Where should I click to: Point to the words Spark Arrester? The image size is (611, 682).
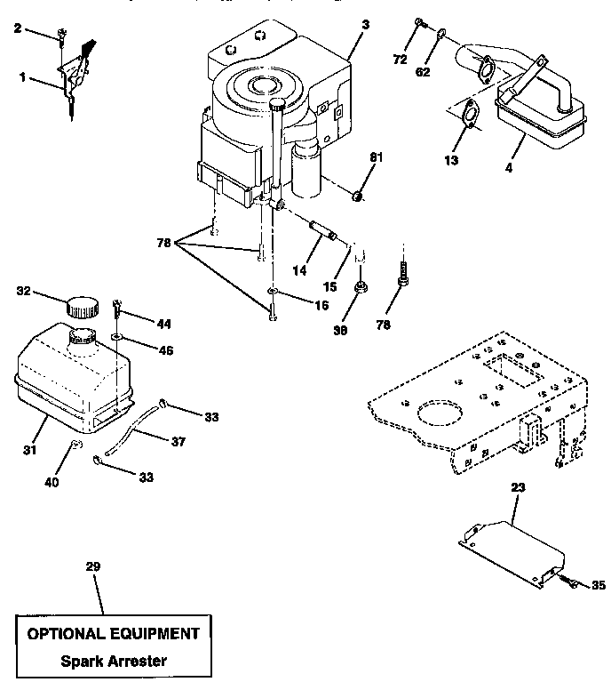(113, 661)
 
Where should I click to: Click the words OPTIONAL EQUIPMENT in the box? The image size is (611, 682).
(113, 634)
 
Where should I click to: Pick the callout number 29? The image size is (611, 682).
(92, 566)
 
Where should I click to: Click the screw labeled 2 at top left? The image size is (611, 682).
(62, 36)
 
